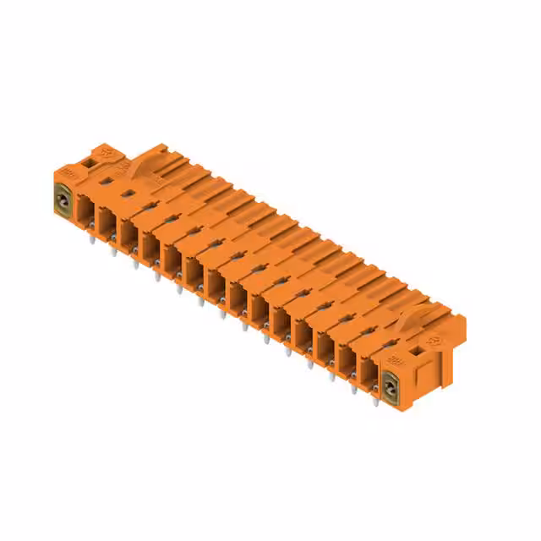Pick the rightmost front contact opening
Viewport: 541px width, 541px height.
click(369, 374)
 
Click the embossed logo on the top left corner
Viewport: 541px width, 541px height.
click(107, 152)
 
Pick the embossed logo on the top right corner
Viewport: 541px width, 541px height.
click(435, 339)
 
